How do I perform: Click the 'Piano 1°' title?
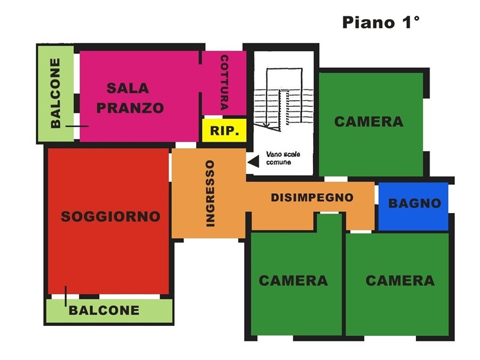click(380, 22)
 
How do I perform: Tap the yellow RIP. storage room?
click(224, 130)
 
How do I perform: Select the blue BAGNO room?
click(413, 206)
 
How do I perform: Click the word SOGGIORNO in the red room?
click(110, 217)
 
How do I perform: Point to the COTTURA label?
click(224, 83)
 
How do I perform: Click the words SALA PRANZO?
click(130, 98)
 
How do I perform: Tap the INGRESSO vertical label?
click(210, 193)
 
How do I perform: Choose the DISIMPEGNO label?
click(312, 197)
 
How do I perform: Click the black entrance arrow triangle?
click(253, 161)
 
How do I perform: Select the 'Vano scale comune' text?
click(283, 158)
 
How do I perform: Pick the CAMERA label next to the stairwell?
click(368, 122)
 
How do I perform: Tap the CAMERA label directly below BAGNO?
click(400, 280)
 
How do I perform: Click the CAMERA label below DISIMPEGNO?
click(293, 280)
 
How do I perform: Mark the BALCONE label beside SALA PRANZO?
click(55, 94)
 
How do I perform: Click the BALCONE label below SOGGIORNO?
click(104, 310)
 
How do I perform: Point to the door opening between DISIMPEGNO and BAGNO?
click(377, 194)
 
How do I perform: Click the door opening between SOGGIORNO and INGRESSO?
click(170, 167)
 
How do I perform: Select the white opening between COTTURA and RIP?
click(213, 117)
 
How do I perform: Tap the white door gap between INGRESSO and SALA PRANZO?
click(186, 145)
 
